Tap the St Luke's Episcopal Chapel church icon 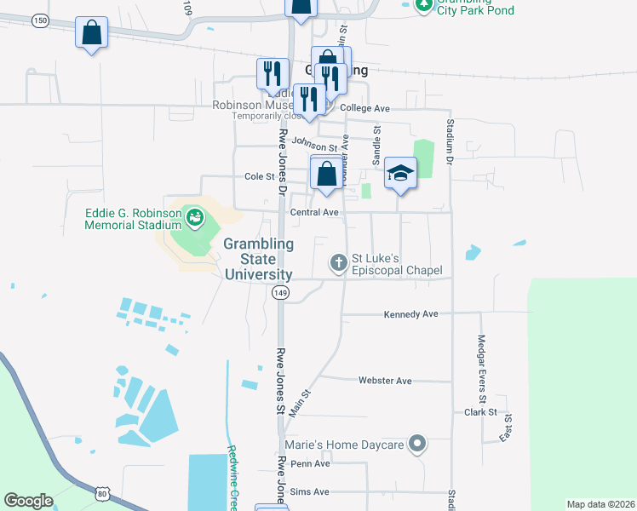[339, 262]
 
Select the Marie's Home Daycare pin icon [416, 444]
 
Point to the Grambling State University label [259, 259]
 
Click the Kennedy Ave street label [410, 314]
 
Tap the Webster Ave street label [385, 381]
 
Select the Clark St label [480, 412]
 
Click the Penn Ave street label [310, 464]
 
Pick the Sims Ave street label [309, 492]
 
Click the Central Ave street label [315, 212]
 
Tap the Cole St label [259, 177]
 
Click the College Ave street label [364, 109]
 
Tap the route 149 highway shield [281, 293]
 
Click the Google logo [28, 500]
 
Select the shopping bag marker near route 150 [92, 34]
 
